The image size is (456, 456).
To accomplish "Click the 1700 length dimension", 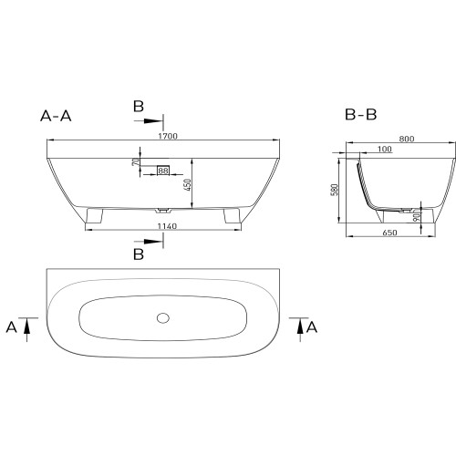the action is click(168, 136).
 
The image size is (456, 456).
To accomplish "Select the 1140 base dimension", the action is click(167, 226).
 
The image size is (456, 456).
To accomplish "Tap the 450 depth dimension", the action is click(188, 185).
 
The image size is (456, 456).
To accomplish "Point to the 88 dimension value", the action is click(163, 171).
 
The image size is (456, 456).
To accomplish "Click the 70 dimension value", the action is click(136, 161).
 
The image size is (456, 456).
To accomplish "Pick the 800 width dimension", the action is click(407, 139).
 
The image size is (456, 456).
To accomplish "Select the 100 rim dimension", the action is click(385, 149).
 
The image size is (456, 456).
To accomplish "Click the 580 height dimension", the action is click(335, 190).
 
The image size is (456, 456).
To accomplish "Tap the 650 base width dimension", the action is click(389, 233).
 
